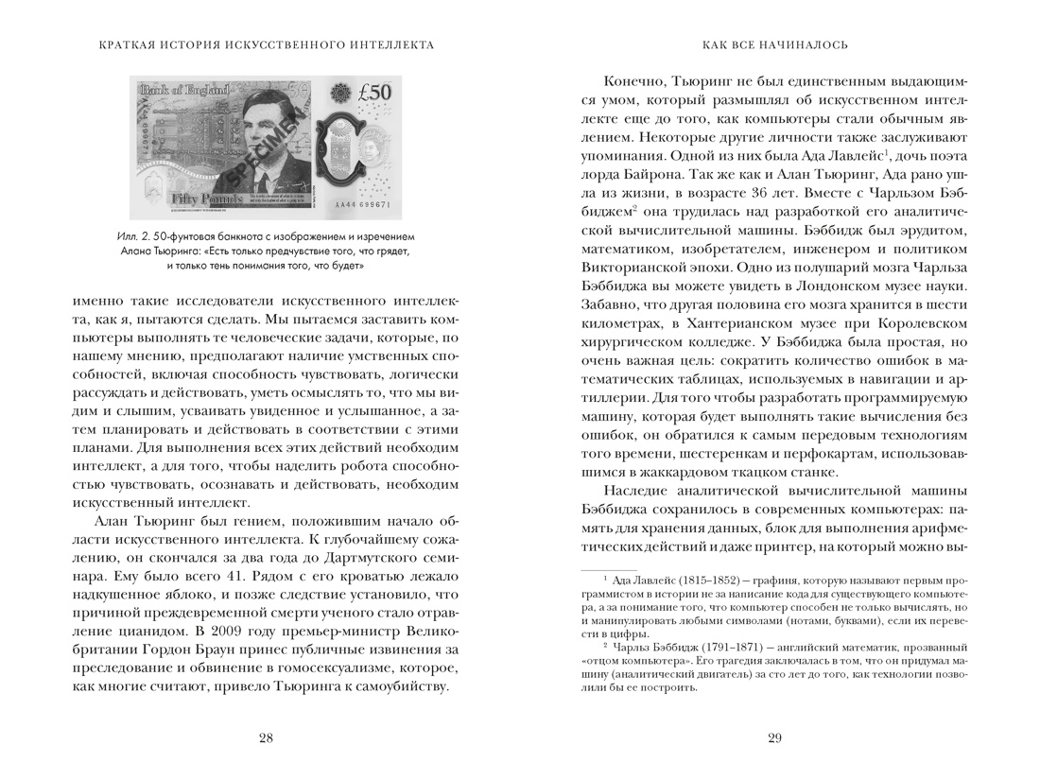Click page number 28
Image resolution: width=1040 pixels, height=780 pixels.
pyautogui.click(x=266, y=738)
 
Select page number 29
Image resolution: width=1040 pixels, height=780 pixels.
pyautogui.click(x=774, y=738)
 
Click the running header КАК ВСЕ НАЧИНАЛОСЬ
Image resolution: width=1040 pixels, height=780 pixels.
pyautogui.click(x=774, y=44)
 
